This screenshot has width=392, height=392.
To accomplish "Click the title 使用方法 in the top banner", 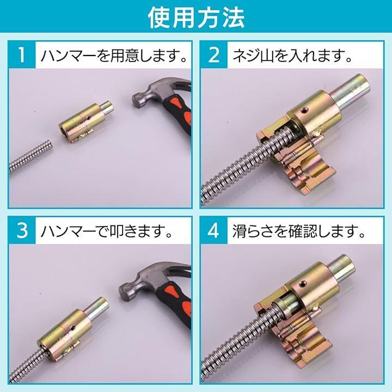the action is pos(196,17).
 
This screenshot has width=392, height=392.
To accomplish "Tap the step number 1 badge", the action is pos(22,55).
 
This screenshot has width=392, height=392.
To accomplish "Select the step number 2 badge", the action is pos(214,55).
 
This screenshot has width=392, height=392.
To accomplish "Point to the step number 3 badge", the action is pos(22,230).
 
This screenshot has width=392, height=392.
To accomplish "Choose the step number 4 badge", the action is pos(214,230).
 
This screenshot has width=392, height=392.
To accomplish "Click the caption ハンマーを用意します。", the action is pos(114,55).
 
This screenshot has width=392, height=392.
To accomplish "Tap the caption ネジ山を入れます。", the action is pos(292,55).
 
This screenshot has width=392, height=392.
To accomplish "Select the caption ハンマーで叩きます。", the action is pos(107,231).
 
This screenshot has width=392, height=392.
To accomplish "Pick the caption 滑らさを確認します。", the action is pos(299,231).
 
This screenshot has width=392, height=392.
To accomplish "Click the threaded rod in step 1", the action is pos(30,156).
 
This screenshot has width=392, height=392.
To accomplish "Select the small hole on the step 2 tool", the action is pos(304,109).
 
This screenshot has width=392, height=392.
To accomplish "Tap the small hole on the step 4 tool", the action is pos(303,283).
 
